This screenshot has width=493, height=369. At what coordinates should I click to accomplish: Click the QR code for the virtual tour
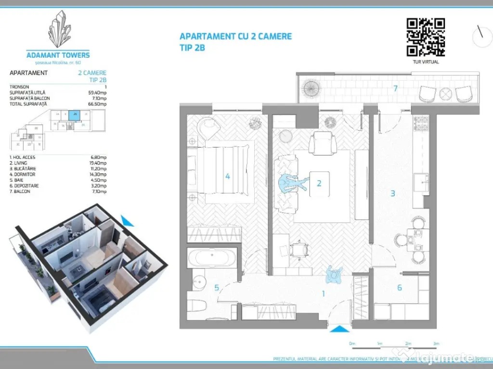426,37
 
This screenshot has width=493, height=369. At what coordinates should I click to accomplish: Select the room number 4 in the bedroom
227,176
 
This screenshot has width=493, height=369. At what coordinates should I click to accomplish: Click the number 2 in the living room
319,183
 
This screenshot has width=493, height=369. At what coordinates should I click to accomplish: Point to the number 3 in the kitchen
393,193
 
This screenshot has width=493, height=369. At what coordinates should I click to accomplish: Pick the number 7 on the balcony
395,88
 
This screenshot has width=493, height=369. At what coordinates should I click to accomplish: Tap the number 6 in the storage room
400,288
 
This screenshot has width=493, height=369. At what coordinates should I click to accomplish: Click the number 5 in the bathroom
217,288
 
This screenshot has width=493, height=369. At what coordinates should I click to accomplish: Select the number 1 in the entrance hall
324,293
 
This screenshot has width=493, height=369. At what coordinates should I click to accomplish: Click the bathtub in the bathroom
212,258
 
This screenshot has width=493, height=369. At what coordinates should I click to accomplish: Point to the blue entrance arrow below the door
340,329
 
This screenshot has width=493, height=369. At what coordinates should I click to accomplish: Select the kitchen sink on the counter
422,182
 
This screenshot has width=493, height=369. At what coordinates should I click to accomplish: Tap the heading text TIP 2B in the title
193,48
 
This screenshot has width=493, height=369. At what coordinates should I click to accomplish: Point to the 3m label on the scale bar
436,344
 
